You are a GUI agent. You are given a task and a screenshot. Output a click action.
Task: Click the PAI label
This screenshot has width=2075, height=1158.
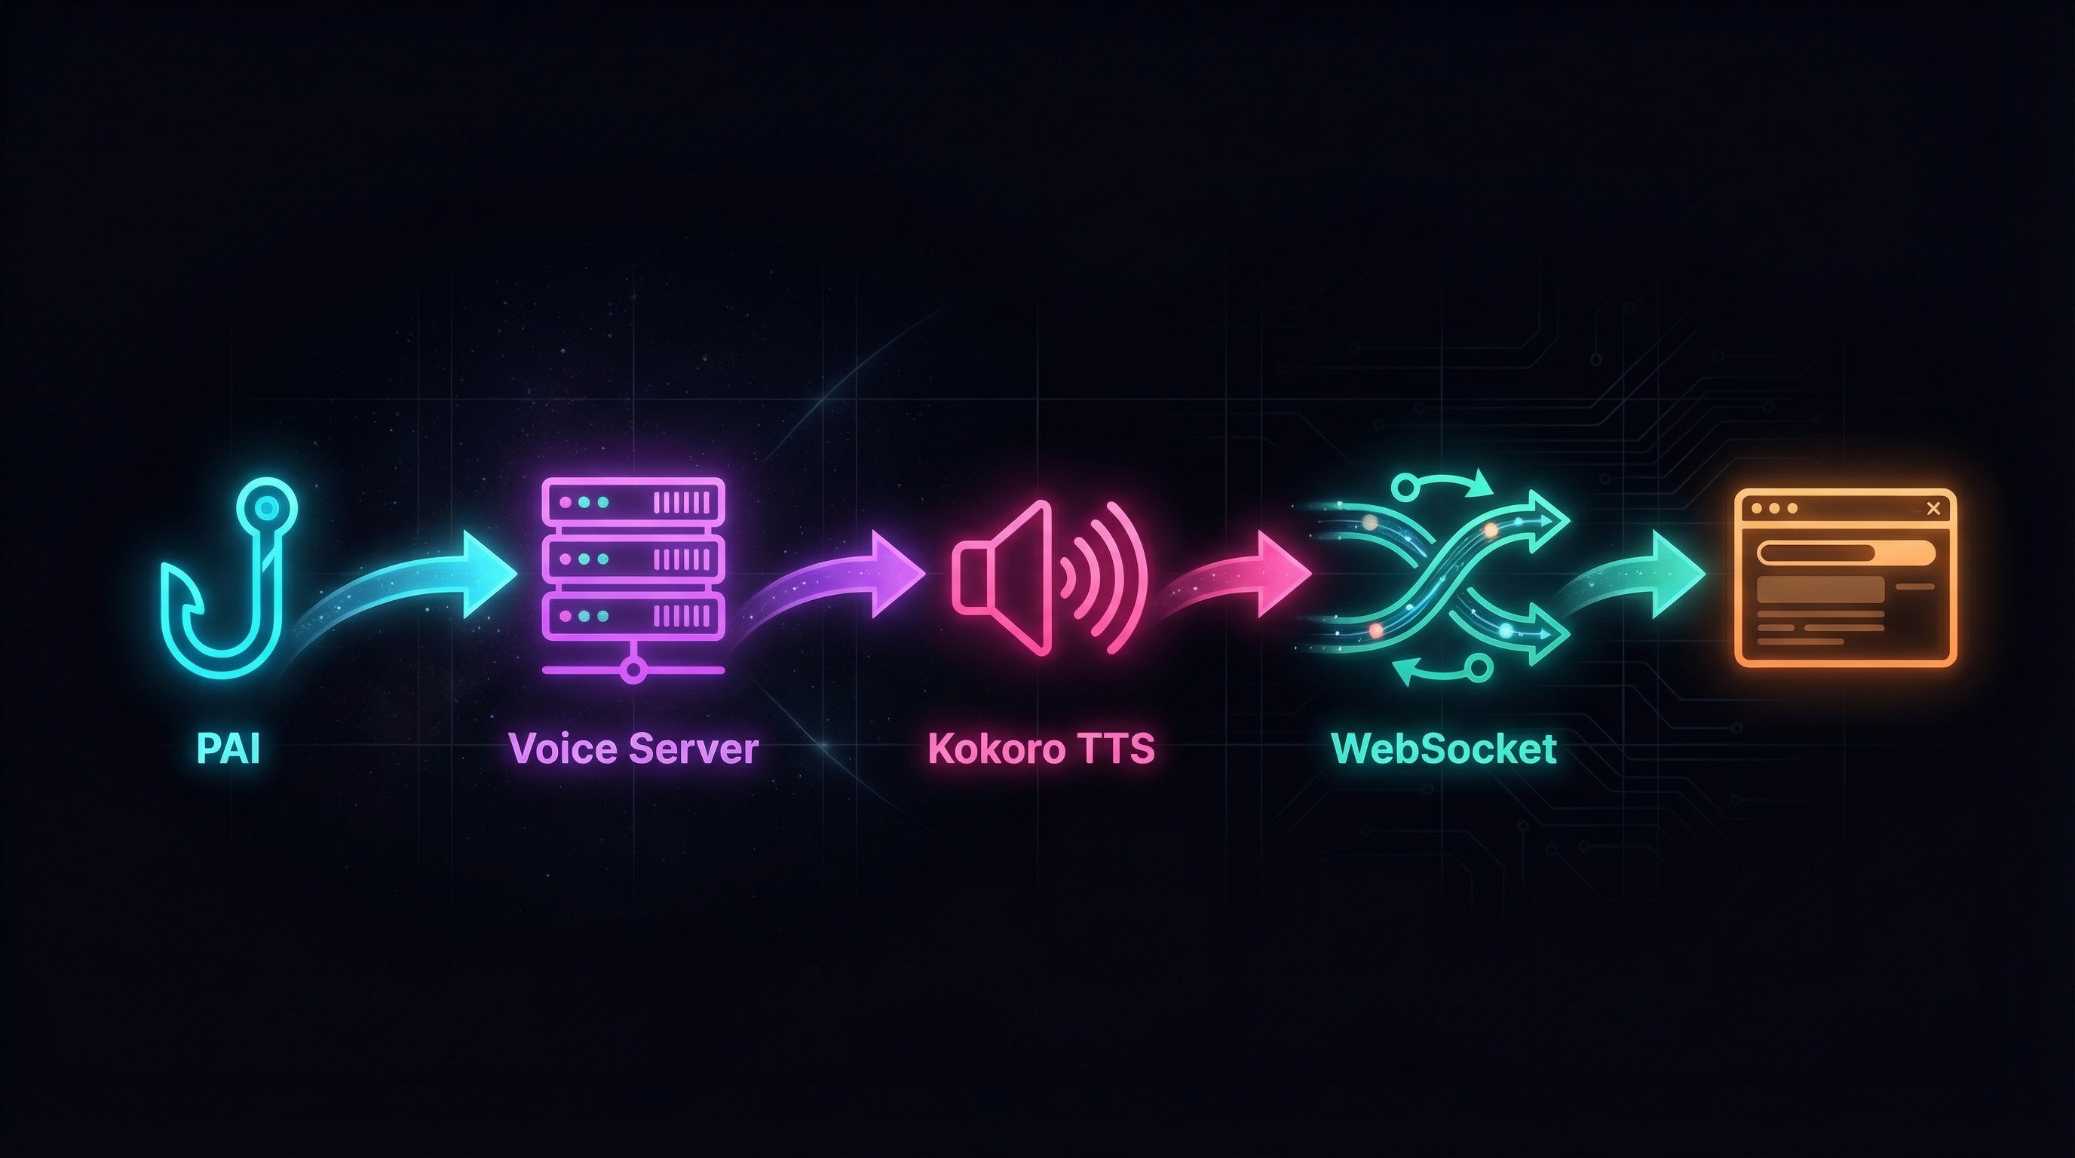(x=228, y=749)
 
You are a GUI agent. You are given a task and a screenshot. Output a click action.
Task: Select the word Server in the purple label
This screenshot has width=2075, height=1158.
(x=694, y=749)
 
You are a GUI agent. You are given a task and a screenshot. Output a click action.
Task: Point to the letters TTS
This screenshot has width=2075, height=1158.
(x=1120, y=749)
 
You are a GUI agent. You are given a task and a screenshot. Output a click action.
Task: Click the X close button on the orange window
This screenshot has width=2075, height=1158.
(x=1932, y=508)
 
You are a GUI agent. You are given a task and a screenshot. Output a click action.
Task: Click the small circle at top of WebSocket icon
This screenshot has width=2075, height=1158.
(x=1403, y=485)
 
